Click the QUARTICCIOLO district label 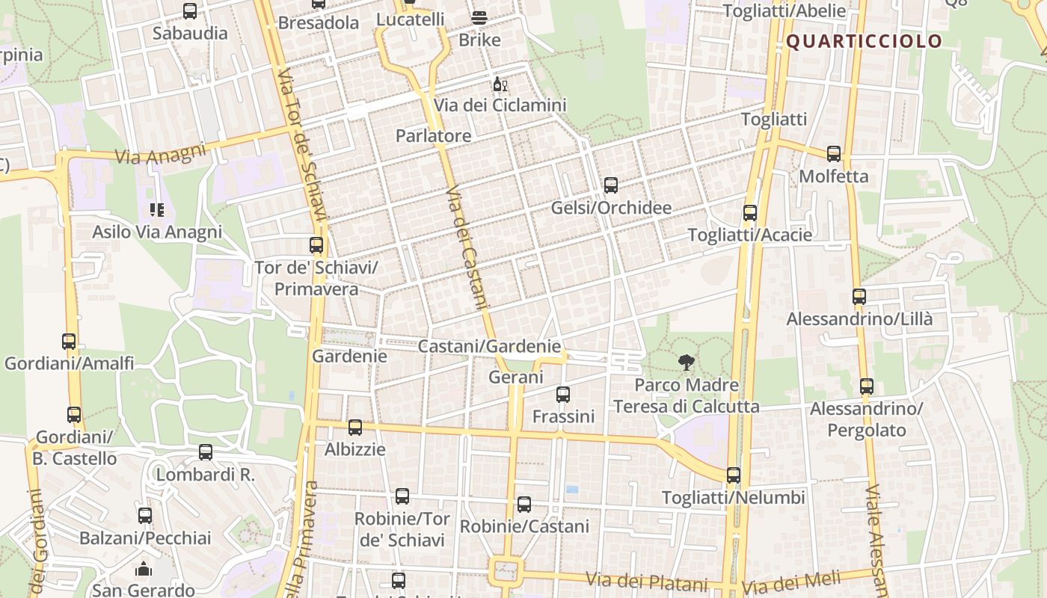[x=864, y=41]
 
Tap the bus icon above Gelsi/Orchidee [x=611, y=185]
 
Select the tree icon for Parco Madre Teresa [x=686, y=363]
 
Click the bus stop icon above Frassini [x=563, y=394]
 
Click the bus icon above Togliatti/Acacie [x=750, y=213]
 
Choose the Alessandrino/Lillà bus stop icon [x=859, y=297]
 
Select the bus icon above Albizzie [x=355, y=428]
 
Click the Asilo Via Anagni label [x=157, y=232]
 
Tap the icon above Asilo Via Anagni [x=156, y=210]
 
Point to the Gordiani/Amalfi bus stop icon [x=69, y=342]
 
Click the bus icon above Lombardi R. [x=206, y=452]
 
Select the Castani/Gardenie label [x=489, y=346]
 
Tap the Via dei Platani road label [x=646, y=581]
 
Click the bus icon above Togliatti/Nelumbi [x=734, y=475]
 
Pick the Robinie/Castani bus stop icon [x=524, y=505]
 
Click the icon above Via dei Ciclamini [x=500, y=84]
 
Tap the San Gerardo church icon [x=144, y=570]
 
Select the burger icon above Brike [x=479, y=18]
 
